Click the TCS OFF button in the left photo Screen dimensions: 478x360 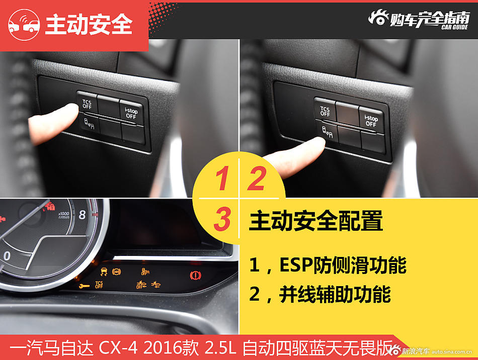[x=88, y=103]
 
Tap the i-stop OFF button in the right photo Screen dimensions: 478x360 [x=371, y=120]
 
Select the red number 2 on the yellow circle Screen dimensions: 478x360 [x=257, y=178]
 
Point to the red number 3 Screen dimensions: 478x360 [x=222, y=219]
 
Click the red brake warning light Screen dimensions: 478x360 [x=195, y=276]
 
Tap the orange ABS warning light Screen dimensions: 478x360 [x=116, y=272]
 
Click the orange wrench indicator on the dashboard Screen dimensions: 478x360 [x=84, y=286]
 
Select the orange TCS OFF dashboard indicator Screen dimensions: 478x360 [x=99, y=285]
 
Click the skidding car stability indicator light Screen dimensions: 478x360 [x=104, y=272]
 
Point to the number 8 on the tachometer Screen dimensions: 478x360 [x=83, y=215]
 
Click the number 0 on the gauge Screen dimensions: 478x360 [x=7, y=256]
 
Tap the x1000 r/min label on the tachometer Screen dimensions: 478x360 [x=64, y=215]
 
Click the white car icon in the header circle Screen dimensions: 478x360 [x=24, y=25]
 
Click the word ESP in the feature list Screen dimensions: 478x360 [x=296, y=264]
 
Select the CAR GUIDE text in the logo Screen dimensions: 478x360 [x=454, y=27]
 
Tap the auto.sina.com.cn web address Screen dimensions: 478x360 [x=452, y=352]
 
